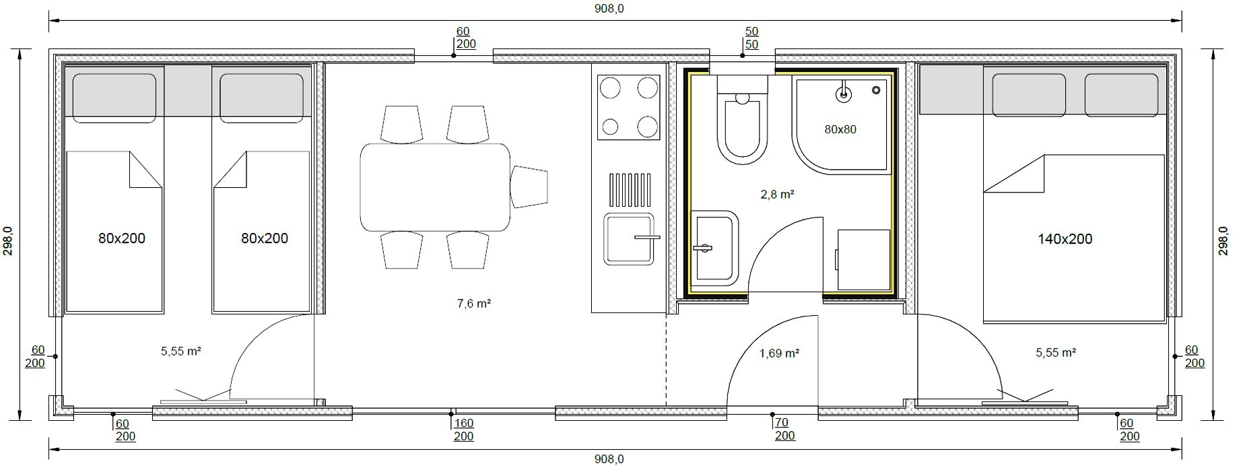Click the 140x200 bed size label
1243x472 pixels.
tap(1065, 239)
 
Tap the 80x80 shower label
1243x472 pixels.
tap(840, 129)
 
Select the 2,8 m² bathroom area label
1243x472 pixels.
tap(777, 195)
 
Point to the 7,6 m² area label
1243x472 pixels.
tap(473, 304)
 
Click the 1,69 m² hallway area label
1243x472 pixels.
tap(779, 353)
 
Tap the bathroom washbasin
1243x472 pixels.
tap(715, 248)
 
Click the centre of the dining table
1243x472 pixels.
tap(435, 187)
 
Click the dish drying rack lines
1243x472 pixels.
tap(630, 190)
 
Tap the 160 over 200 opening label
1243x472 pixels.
tap(463, 430)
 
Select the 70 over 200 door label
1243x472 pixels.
tap(784, 429)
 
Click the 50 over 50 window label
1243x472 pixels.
tap(752, 38)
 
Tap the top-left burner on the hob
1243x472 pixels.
tap(610, 88)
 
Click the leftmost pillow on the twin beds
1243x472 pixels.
tap(114, 98)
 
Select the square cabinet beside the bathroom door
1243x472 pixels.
tap(864, 259)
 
